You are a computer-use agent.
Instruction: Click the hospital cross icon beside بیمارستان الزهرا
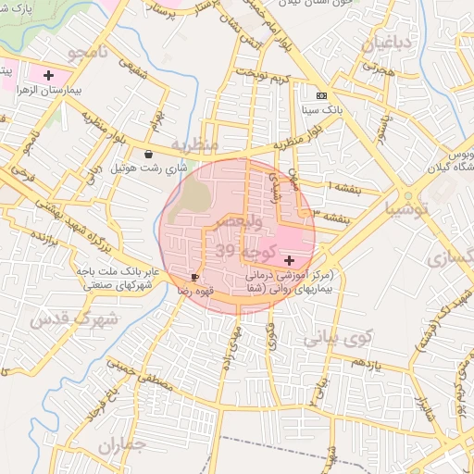point(48,74)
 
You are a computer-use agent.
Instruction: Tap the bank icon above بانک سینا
point(321,95)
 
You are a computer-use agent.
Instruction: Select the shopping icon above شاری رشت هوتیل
point(149,155)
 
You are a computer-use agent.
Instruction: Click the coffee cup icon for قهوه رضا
point(194,277)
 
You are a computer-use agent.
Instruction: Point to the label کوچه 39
point(245,250)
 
